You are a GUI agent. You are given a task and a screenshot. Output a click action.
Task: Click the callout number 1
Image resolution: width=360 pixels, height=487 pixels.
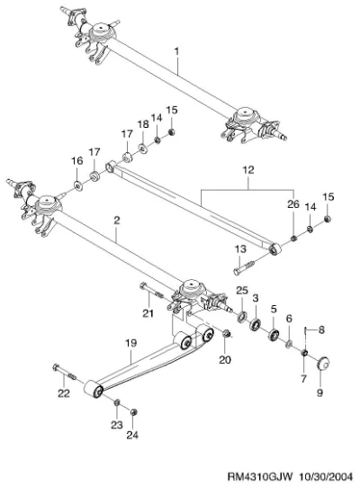tap(176, 51)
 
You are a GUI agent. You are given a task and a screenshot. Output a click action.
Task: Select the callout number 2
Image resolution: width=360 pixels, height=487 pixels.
tap(116, 221)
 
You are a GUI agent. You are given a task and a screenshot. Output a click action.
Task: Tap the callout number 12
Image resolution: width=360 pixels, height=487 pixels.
tap(248, 169)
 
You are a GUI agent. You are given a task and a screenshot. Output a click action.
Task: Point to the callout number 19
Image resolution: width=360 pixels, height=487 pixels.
tap(131, 343)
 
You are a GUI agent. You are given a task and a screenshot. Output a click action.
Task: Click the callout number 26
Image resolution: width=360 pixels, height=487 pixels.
tap(293, 203)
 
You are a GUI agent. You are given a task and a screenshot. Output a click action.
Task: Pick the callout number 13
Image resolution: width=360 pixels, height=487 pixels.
tap(240, 249)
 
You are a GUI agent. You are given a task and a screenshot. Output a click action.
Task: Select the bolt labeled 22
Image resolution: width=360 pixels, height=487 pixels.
tap(65, 372)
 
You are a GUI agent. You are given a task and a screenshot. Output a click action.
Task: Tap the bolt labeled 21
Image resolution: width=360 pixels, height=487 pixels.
tap(152, 290)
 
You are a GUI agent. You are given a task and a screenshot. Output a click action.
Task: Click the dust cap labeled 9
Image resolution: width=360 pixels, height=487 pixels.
tap(323, 363)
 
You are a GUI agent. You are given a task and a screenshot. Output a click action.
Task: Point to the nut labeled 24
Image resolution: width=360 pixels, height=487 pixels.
tap(134, 412)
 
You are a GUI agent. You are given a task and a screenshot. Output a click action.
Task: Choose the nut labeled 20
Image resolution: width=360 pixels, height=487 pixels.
tap(226, 334)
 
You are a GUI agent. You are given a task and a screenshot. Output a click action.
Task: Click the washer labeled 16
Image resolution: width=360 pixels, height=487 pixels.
tap(78, 185)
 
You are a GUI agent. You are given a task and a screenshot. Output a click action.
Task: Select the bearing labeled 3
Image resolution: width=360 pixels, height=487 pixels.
tap(256, 324)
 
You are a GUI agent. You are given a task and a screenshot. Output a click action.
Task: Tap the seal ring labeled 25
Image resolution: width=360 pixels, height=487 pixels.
tap(242, 316)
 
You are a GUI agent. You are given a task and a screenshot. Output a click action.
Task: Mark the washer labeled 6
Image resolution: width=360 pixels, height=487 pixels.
tap(289, 344)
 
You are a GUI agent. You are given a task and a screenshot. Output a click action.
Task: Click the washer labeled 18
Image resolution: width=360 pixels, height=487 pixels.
tap(143, 149)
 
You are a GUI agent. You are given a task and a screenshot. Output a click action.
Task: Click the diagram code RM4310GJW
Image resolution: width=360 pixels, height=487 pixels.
tap(260, 476)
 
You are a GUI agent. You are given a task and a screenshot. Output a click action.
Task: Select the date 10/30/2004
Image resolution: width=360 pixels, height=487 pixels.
tap(326, 476)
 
